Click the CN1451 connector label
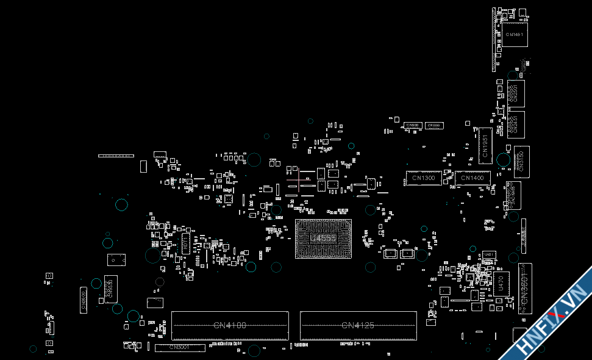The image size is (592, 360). (514, 35)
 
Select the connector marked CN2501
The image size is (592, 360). (515, 93)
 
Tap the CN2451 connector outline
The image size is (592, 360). (515, 124)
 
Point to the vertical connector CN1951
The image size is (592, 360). (485, 145)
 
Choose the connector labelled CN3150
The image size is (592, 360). (521, 162)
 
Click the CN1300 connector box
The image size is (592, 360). (423, 178)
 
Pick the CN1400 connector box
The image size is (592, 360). (472, 178)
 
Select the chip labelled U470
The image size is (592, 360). (501, 284)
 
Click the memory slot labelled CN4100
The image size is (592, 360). (230, 325)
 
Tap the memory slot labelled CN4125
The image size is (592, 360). (358, 325)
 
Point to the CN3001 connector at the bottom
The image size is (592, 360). (179, 347)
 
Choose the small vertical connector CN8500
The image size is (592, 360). (84, 301)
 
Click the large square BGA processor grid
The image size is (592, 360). (323, 238)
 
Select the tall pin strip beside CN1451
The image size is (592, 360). (494, 40)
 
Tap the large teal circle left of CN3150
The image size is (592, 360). (503, 160)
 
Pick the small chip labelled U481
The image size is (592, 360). (489, 254)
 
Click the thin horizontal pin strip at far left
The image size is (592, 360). (116, 156)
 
